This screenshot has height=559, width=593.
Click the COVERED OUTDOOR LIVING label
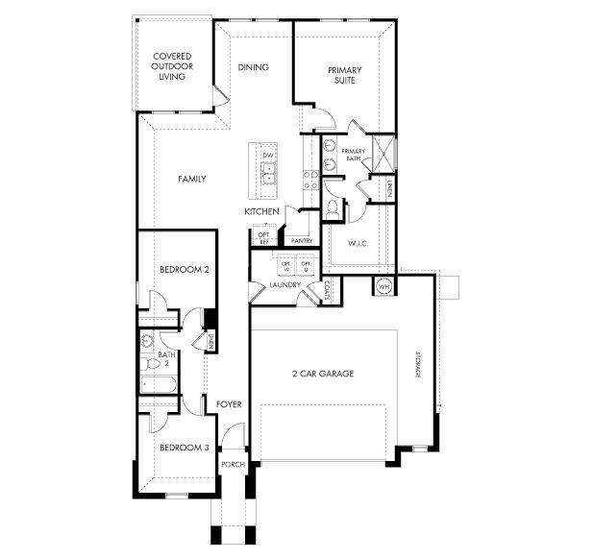click(x=173, y=68)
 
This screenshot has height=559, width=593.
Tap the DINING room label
click(x=254, y=67)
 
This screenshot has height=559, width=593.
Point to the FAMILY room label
click(x=192, y=180)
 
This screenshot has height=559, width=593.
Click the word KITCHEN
click(x=261, y=211)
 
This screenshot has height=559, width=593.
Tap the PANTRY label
click(x=289, y=241)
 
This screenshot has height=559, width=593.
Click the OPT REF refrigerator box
click(x=263, y=236)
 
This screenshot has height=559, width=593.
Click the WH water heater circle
click(x=383, y=286)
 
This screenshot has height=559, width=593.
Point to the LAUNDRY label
click(x=285, y=285)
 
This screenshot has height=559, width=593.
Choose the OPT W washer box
click(x=285, y=266)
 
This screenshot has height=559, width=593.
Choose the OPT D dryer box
click(x=307, y=266)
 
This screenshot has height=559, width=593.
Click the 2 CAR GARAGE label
click(x=323, y=374)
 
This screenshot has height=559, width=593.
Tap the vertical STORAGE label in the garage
click(x=418, y=363)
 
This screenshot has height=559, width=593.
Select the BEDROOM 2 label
click(x=185, y=270)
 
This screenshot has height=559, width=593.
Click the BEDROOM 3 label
click(x=185, y=448)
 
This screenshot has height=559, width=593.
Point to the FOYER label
click(x=229, y=404)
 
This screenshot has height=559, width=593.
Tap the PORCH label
click(x=233, y=465)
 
